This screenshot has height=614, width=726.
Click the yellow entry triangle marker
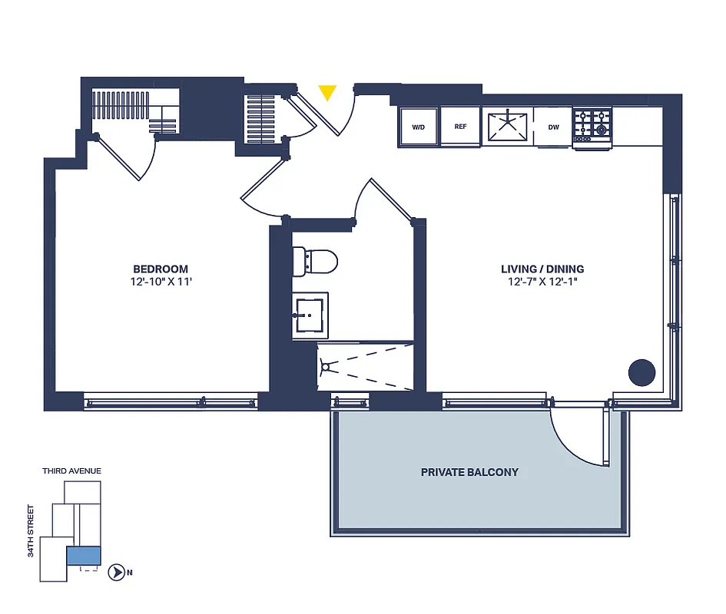(x=328, y=92)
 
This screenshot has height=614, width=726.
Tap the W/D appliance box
(x=419, y=127)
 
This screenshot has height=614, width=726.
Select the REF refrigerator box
(x=461, y=127)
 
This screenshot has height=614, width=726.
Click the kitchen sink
(x=508, y=126)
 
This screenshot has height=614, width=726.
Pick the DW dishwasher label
(x=552, y=127)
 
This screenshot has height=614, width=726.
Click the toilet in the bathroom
(x=316, y=261)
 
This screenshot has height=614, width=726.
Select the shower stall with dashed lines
(x=365, y=367)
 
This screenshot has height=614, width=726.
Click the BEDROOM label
(x=161, y=269)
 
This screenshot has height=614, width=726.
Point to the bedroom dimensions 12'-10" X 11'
(x=161, y=282)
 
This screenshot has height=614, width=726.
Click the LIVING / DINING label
(x=542, y=269)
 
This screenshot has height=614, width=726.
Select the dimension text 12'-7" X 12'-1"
(x=542, y=282)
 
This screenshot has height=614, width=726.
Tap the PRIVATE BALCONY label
(x=469, y=472)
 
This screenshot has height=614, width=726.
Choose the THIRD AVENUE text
(x=72, y=470)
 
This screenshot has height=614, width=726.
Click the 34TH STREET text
(x=31, y=530)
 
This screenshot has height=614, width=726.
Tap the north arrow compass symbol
(x=117, y=572)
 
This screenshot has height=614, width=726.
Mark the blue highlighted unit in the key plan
(x=83, y=556)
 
